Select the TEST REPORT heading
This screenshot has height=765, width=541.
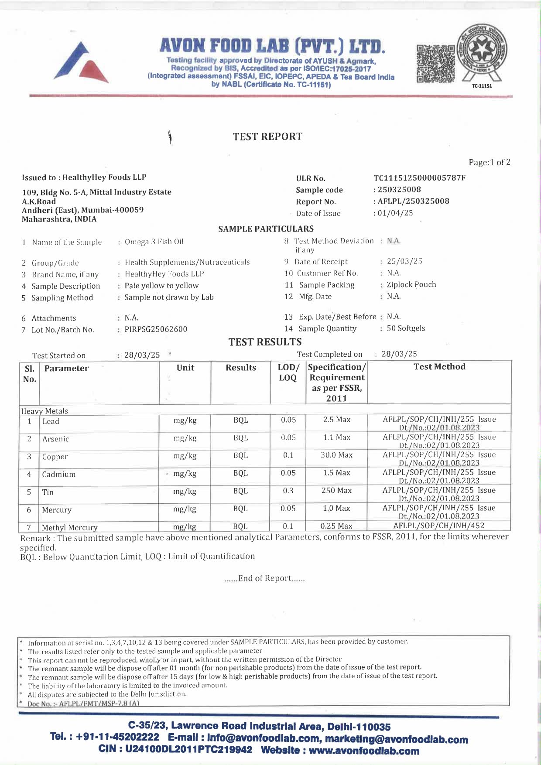tap(267, 137)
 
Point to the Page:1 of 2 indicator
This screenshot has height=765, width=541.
tap(489, 163)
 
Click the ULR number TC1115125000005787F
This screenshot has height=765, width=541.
tap(419, 178)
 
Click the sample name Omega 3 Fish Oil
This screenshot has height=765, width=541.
tap(154, 242)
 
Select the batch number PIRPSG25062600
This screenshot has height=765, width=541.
tap(156, 329)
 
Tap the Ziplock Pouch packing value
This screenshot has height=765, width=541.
tap(411, 285)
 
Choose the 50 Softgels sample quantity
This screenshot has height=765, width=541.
tap(406, 328)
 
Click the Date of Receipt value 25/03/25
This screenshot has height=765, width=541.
tap(404, 261)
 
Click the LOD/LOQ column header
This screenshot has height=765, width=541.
tap(288, 372)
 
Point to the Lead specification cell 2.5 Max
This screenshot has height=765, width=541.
tap(336, 420)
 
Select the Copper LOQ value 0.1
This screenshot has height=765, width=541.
tap(288, 455)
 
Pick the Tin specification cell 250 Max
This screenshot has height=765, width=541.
tap(336, 491)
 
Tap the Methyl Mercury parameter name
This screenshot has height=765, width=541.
tap(70, 528)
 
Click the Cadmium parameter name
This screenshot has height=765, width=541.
tap(58, 475)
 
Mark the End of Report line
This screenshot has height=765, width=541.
tap(264, 578)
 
